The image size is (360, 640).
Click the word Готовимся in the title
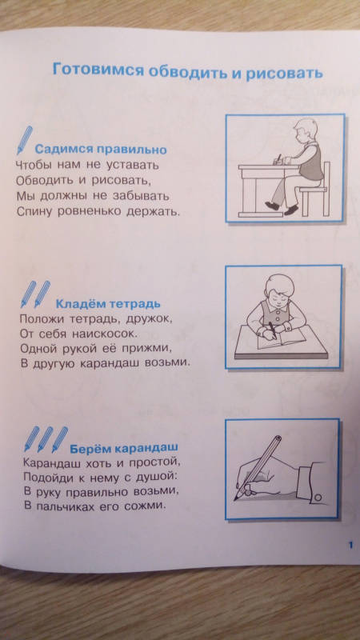tap(98, 70)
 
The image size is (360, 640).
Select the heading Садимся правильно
tap(101, 150)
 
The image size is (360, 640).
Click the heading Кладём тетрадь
tap(108, 304)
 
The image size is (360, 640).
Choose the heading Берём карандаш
tap(124, 448)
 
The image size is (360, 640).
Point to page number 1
tap(350, 545)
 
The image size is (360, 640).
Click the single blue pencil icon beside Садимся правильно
tap(25, 140)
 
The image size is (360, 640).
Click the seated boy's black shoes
tap(282, 208)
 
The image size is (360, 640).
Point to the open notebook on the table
tap(282, 337)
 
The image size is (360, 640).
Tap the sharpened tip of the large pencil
tap(236, 498)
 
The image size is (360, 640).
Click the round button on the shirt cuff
tap(318, 497)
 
